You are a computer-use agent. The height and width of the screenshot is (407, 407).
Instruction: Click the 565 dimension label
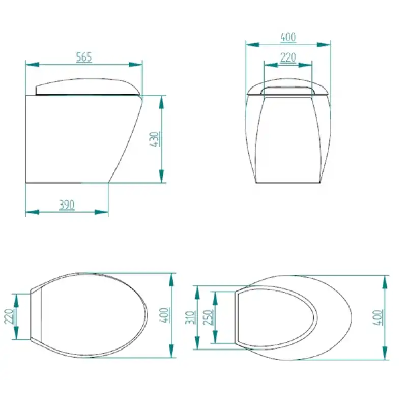tap(84, 57)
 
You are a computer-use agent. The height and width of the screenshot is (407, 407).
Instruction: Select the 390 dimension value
tap(67, 205)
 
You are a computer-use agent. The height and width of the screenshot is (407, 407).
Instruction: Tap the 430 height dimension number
tap(155, 139)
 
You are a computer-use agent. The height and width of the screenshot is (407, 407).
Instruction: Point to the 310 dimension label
tap(190, 317)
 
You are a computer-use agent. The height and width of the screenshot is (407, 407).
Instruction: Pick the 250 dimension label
tap(208, 317)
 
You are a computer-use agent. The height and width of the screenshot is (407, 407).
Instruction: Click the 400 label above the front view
tap(288, 37)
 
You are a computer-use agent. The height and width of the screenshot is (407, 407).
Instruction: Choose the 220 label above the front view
tap(288, 57)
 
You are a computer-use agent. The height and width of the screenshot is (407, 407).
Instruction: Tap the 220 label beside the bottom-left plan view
tap(10, 316)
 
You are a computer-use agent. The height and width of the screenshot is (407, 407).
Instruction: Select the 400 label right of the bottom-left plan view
tap(164, 315)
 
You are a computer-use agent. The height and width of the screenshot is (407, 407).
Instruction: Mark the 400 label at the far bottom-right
tap(377, 317)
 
